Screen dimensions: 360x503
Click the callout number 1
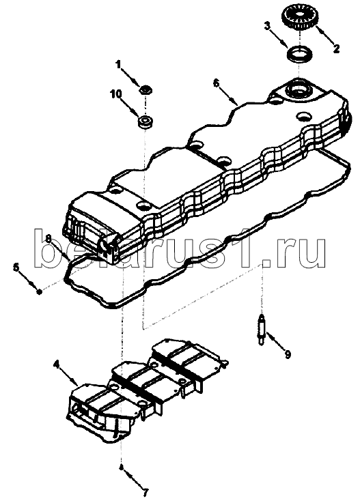[118, 65]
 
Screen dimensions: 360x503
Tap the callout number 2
[336, 49]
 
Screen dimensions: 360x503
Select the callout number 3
[267, 26]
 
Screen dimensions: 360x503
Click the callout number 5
[16, 267]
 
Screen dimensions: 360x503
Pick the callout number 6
[216, 83]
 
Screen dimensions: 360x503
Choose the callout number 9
[288, 354]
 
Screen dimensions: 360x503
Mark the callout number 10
[116, 94]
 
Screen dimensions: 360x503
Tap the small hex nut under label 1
[146, 89]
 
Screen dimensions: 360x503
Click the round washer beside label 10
[146, 123]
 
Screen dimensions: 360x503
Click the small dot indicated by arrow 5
[39, 292]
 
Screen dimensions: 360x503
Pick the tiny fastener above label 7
[122, 468]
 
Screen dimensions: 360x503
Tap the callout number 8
[49, 238]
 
